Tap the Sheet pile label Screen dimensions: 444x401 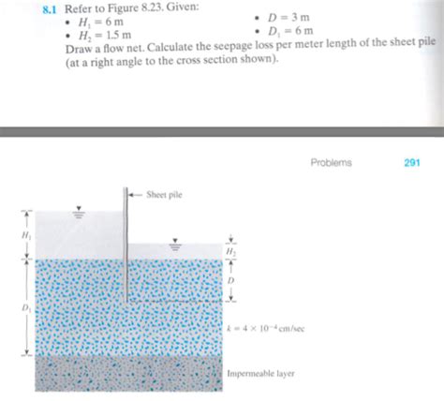click(x=165, y=196)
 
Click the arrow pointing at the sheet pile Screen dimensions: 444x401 click(x=137, y=196)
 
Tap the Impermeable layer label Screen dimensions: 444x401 click(x=260, y=372)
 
